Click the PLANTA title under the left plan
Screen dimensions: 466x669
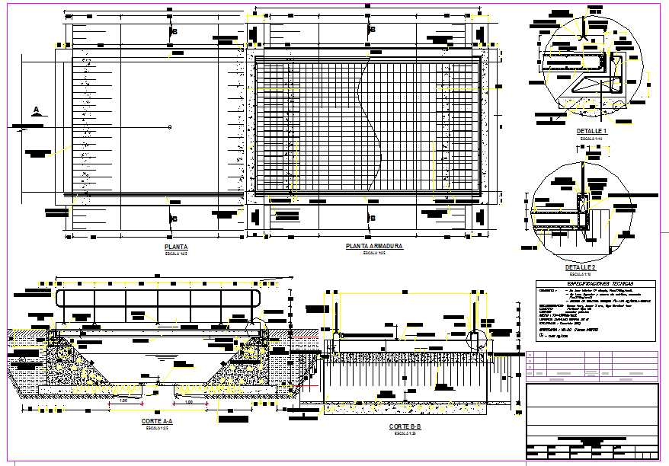176,247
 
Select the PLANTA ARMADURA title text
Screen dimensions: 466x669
373,247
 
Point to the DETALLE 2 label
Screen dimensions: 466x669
581,269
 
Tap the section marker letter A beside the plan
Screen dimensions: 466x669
36,110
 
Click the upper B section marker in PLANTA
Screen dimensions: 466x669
174,31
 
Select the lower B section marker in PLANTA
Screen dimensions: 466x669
174,219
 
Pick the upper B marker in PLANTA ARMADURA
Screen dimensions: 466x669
373,29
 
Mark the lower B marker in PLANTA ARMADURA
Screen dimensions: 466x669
373,219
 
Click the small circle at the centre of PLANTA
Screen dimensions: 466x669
170,126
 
